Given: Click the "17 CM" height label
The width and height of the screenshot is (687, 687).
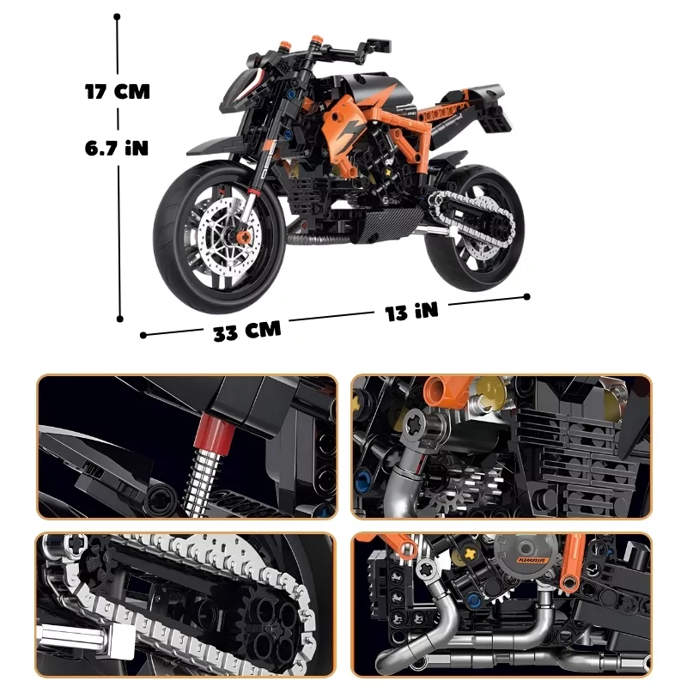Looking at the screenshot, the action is pos(118,92).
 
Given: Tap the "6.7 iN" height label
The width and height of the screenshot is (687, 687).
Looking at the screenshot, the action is pos(117,148).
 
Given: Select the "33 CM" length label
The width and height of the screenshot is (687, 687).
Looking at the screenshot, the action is pos(246,331).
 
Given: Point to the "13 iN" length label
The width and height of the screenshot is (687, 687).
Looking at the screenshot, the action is pos(411,311).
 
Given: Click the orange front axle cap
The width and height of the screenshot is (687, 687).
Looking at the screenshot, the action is pos(245,237).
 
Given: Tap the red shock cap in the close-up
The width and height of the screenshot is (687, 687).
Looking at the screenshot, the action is pos(216,435).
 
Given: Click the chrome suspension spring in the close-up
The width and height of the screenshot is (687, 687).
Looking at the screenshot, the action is pos(202,482).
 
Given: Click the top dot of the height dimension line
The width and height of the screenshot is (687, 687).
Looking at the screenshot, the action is pos(117,16).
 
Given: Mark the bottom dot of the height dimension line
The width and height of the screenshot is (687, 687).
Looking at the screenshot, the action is pos(119,319).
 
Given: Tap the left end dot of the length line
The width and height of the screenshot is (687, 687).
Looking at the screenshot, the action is pos(143,335).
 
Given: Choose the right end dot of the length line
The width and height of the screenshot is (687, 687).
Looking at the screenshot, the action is pos(527,296).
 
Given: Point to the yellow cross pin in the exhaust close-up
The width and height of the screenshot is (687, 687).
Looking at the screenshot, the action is pos(470,553).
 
